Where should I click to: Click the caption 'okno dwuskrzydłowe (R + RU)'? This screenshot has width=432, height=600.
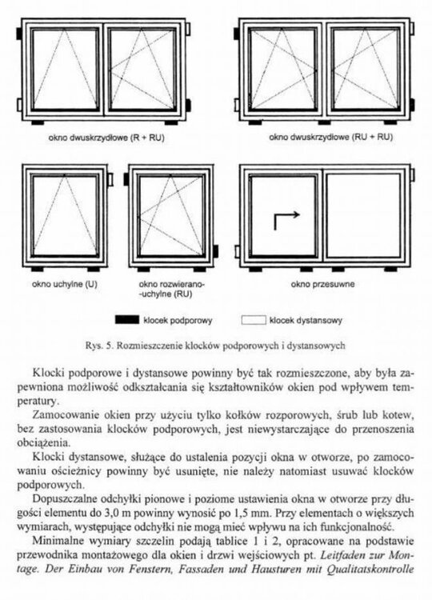click(x=106, y=138)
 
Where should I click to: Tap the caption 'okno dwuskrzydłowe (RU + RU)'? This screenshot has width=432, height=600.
click(x=330, y=137)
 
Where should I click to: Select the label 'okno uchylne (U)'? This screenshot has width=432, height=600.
click(x=64, y=284)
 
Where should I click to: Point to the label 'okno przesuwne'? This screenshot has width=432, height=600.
click(x=322, y=284)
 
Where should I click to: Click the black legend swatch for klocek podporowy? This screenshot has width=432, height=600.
click(x=127, y=319)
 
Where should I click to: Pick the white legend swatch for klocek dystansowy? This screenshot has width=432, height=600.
click(x=254, y=320)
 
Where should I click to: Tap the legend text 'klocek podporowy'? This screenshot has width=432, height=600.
click(x=178, y=320)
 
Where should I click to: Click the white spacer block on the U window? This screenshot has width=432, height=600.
click(x=110, y=178)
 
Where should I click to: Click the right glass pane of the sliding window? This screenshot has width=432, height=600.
click(x=363, y=216)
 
